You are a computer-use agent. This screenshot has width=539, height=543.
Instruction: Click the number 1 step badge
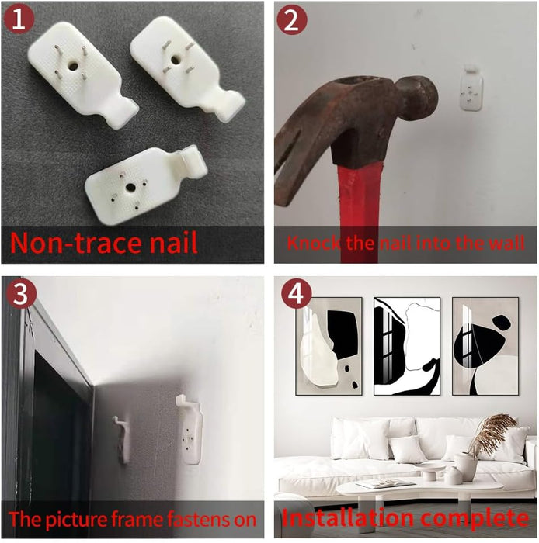[x=19, y=19]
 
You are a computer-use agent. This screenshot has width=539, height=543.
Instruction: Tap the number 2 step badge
[x=292, y=19]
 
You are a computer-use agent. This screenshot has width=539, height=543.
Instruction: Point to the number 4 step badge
[x=297, y=294]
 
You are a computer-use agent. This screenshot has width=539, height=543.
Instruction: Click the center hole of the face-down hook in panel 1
[x=130, y=188]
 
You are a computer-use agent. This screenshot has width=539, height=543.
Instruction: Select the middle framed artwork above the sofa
[x=407, y=346]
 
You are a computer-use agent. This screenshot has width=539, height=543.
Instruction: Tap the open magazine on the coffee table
[x=385, y=483]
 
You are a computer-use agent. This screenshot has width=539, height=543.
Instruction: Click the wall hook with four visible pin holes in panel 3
[x=189, y=430]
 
